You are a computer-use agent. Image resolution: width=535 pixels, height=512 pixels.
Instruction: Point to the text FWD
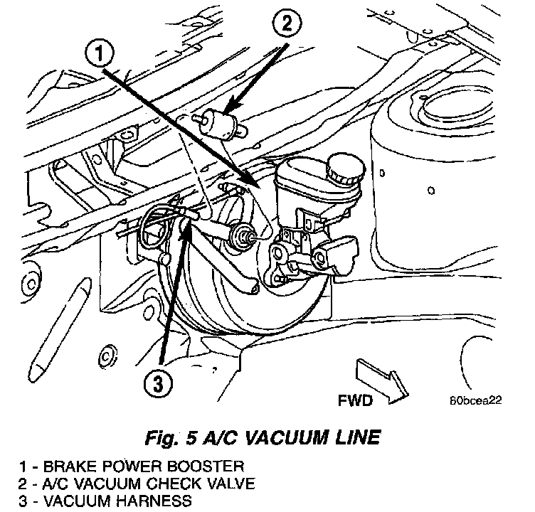click(355, 402)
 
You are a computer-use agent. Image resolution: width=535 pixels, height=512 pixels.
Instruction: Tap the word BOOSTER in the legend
click(213, 467)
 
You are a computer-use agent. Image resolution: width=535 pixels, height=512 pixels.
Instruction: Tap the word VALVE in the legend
click(220, 484)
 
